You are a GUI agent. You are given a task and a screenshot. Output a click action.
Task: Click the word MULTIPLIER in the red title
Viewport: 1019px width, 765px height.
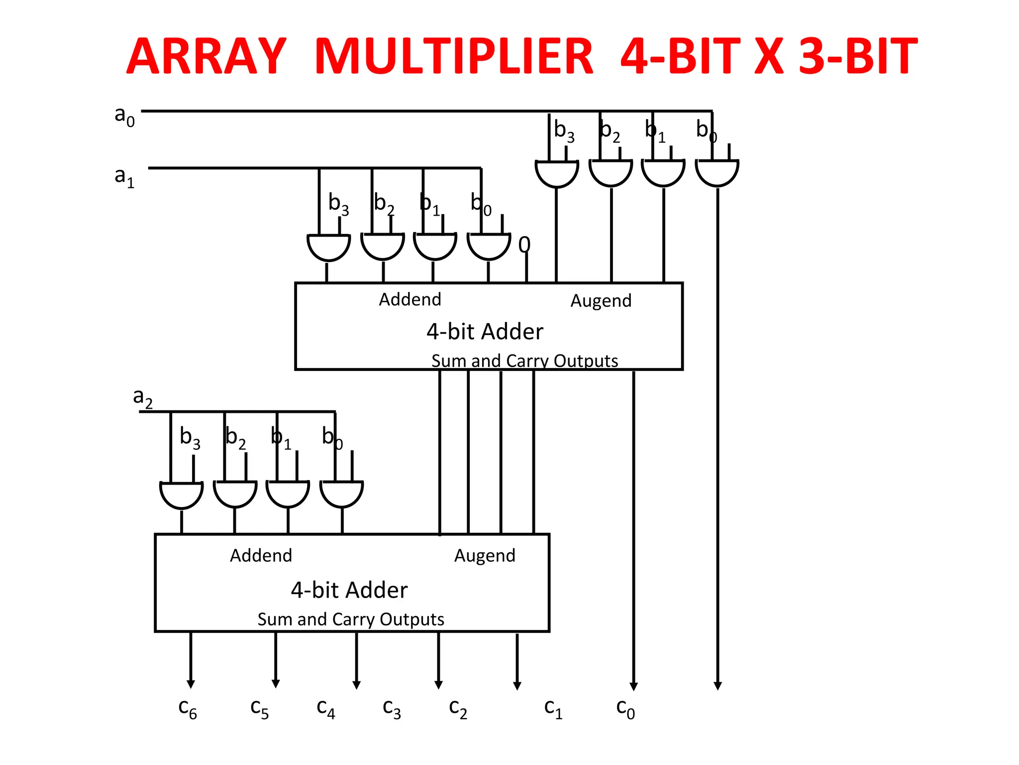[x=454, y=56]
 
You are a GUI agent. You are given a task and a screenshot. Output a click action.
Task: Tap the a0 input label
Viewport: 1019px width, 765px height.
[x=124, y=116]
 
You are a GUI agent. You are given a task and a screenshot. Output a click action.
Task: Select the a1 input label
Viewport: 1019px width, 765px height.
[x=124, y=177]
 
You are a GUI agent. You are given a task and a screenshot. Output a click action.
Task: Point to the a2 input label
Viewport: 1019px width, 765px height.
[x=143, y=398]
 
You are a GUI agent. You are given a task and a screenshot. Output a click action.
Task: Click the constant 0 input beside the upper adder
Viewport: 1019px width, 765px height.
[x=524, y=245]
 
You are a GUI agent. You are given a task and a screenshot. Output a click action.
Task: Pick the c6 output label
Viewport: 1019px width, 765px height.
[x=188, y=708]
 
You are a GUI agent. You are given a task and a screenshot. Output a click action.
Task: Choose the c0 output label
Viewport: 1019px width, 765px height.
[x=625, y=708]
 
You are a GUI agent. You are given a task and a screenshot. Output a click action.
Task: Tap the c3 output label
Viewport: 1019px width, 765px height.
[x=392, y=708]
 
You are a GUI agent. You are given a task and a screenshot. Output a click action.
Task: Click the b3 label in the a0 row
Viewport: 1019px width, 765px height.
[x=564, y=130]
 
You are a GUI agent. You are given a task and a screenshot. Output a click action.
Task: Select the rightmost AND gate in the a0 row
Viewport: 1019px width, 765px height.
[x=717, y=172]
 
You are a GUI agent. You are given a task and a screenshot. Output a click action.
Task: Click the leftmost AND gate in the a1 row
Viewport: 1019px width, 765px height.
[x=328, y=246]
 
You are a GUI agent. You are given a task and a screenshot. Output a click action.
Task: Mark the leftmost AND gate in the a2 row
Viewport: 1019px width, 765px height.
[x=182, y=494]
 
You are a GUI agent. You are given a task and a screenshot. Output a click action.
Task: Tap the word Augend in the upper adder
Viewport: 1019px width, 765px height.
[x=601, y=301]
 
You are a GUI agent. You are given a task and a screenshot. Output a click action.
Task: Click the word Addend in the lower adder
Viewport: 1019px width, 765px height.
[x=261, y=555]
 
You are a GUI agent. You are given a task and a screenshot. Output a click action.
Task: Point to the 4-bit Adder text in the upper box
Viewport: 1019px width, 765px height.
[x=485, y=332]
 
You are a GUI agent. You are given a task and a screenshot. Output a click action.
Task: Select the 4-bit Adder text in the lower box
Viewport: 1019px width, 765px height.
[x=349, y=590]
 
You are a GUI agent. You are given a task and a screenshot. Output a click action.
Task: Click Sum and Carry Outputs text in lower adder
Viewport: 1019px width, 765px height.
[x=351, y=619]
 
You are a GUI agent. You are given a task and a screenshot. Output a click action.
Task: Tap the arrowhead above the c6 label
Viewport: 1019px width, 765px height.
[x=191, y=684]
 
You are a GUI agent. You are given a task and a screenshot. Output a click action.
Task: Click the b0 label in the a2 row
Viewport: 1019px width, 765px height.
[x=332, y=437]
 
